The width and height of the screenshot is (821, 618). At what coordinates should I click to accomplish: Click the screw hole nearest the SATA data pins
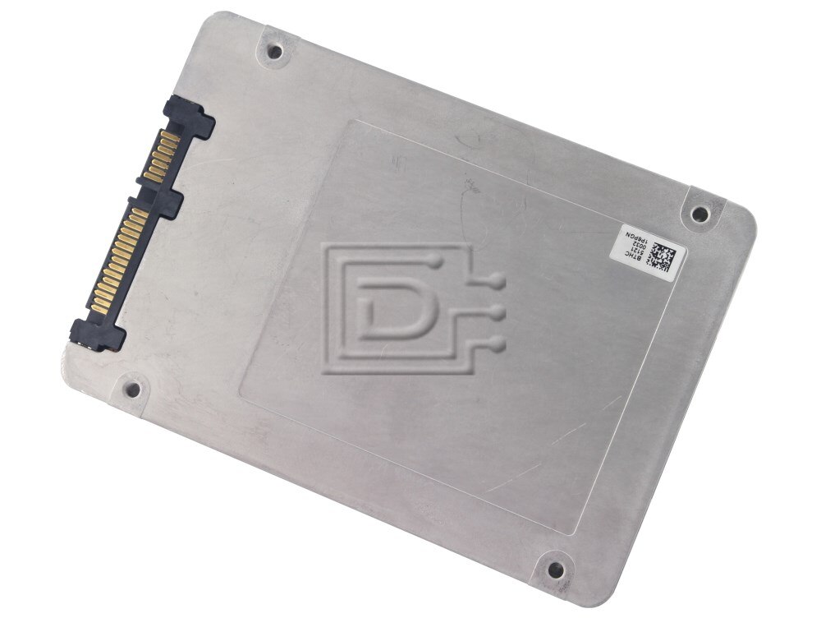coord(274,52)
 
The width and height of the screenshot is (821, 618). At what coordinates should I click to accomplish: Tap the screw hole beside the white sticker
coord(699,214)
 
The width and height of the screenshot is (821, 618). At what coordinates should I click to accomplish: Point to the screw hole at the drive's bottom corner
coord(555,569)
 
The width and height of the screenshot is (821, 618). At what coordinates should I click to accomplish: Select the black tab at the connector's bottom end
coord(97,334)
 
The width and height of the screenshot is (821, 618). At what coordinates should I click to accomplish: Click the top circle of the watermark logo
coord(495,282)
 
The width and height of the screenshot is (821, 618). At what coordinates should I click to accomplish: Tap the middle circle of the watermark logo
coord(497,312)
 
